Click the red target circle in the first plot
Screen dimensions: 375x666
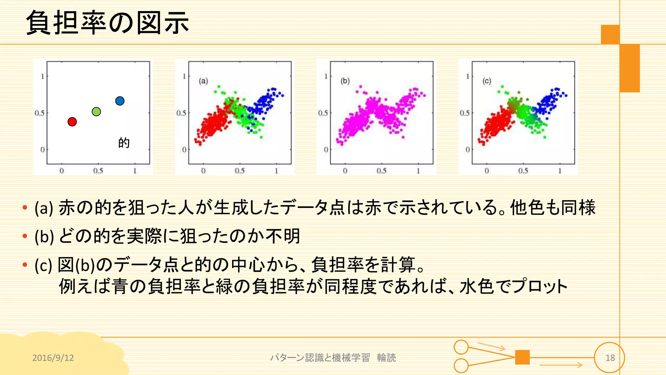72,122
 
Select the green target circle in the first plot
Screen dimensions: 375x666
96,112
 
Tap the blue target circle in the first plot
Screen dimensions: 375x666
120,101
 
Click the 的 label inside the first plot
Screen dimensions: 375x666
124,143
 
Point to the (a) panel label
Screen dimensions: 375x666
203,81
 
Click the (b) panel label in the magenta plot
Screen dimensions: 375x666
345,81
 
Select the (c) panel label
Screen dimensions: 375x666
487,81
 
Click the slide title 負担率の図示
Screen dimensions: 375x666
107,23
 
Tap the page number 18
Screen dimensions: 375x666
610,358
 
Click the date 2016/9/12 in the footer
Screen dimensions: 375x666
53,358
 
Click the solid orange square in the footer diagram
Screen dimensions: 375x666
522,357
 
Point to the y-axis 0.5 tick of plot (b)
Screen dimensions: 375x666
323,113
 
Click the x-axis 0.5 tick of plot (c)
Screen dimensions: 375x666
523,171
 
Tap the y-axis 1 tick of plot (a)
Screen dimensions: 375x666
184,76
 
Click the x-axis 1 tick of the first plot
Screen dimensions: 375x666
135,171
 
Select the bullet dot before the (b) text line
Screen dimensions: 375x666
25,236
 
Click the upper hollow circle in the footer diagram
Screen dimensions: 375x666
461,347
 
